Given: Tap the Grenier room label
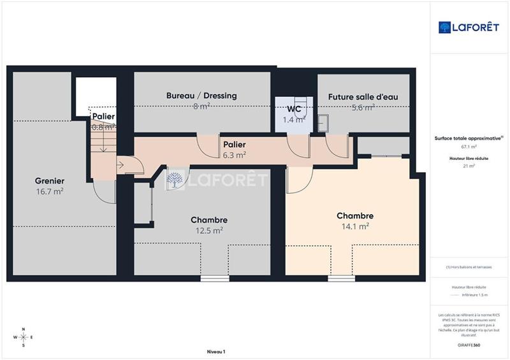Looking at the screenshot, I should tap(49, 181).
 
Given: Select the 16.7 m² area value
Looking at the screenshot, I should tap(49, 191).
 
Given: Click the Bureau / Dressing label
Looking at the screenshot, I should tap(201, 96).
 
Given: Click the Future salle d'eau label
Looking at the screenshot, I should tap(363, 97).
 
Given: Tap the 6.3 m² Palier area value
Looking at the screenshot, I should tap(234, 154).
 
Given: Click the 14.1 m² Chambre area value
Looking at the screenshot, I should tap(355, 226).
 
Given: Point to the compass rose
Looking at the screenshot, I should tap(23, 337).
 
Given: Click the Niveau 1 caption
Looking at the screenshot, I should tap(216, 352).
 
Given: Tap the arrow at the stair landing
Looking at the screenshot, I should tap(120, 165).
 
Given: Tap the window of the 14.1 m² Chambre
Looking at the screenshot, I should tap(341, 278).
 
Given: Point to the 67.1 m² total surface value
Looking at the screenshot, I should tap(469, 147).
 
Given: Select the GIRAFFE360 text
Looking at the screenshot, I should tap(469, 345).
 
